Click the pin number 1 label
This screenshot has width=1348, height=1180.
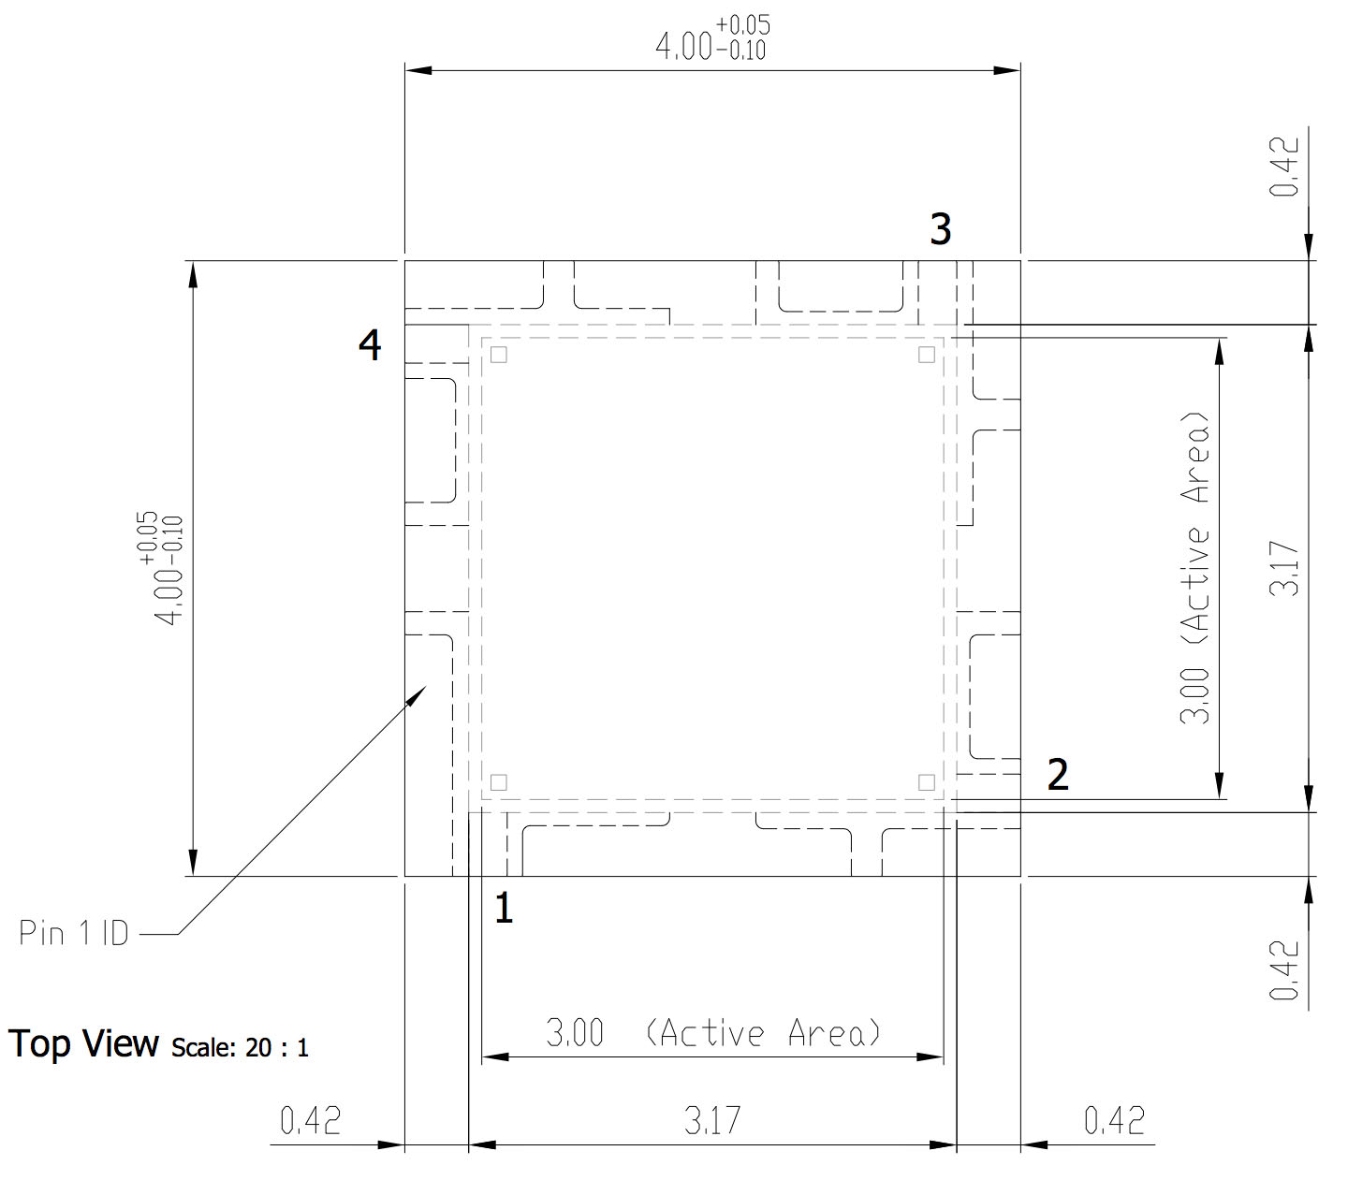tap(504, 908)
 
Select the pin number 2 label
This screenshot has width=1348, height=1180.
tap(1058, 775)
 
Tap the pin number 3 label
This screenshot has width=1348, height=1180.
tap(940, 229)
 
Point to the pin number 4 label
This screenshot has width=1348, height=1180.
tap(370, 345)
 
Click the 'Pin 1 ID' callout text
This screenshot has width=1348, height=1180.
tap(74, 933)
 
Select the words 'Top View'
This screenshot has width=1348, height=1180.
tap(84, 1044)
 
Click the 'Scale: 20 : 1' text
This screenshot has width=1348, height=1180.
tap(240, 1048)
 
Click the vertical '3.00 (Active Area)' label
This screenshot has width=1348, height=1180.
tap(1196, 568)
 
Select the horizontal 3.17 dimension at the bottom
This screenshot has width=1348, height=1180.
tap(712, 1120)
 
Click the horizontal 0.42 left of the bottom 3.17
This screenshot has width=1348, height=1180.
tap(310, 1120)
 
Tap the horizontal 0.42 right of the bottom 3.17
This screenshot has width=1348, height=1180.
tap(1114, 1120)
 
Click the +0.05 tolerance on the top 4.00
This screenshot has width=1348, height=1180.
tap(743, 25)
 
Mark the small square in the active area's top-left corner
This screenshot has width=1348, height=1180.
tap(499, 355)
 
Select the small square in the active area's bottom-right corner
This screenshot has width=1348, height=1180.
tap(926, 782)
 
